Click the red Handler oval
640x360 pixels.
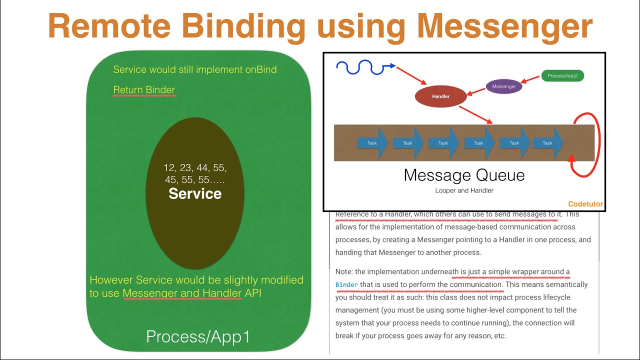click(440, 96)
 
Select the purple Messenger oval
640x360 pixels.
click(504, 86)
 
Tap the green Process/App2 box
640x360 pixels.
click(562, 76)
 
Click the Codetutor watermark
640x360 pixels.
click(585, 204)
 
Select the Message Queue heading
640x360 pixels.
click(464, 175)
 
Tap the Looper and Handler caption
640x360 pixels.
click(464, 190)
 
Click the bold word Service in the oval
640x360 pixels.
click(195, 194)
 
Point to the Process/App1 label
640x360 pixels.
click(198, 336)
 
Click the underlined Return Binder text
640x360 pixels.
click(144, 90)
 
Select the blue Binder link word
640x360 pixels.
click(346, 285)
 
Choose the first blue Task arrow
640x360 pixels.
click(372, 143)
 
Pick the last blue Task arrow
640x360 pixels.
click(548, 143)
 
